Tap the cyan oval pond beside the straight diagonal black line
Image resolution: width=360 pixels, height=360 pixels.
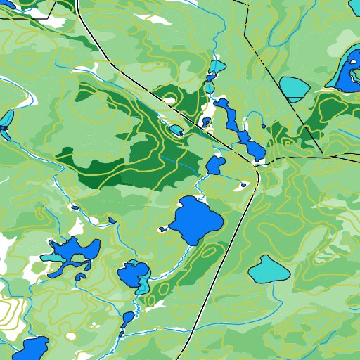point(295,87)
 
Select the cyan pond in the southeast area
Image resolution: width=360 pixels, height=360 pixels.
point(268,269)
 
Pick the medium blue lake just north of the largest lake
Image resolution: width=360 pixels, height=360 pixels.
point(215,166)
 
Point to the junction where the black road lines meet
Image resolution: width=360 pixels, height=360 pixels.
point(258,165)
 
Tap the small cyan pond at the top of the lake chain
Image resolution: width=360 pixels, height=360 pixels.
point(217,67)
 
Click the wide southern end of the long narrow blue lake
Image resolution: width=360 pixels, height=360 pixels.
point(253,149)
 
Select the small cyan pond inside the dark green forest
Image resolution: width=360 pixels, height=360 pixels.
point(174,129)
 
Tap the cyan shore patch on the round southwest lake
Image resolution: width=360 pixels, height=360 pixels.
point(143,285)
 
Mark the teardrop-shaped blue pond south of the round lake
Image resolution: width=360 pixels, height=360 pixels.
point(128,318)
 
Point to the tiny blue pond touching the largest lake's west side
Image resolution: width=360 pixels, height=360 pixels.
point(163,229)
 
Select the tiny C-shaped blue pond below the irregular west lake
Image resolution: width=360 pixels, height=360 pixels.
point(80,276)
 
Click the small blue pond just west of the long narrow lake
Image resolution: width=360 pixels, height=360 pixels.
point(206,122)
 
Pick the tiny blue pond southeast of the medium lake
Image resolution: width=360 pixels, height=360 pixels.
point(243,185)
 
